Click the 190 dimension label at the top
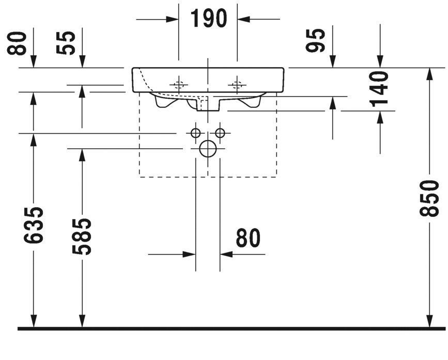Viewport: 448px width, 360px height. pyautogui.click(x=208, y=19)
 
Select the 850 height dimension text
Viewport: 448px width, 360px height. pyautogui.click(x=429, y=199)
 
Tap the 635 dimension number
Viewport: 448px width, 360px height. pyautogui.click(x=34, y=226)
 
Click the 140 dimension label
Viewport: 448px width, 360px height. pyautogui.click(x=380, y=88)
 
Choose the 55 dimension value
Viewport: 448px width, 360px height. pyautogui.click(x=68, y=42)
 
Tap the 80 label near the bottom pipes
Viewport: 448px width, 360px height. pyautogui.click(x=249, y=238)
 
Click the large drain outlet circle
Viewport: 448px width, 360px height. pyautogui.click(x=208, y=149)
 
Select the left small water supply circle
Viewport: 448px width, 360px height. pyautogui.click(x=196, y=133)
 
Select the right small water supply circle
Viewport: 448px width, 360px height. pyautogui.click(x=220, y=133)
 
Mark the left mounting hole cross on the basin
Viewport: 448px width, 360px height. pyautogui.click(x=179, y=85)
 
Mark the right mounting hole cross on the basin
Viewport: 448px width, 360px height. pyautogui.click(x=237, y=85)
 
